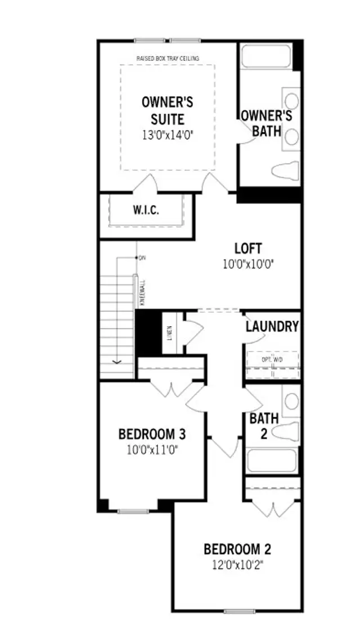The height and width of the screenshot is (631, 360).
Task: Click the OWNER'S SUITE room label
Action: tap(167, 110)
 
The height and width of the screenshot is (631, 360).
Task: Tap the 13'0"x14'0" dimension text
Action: tap(167, 135)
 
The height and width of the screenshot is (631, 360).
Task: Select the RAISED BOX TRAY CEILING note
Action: tap(168, 58)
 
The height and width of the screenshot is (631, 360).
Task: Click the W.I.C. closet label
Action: tap(146, 211)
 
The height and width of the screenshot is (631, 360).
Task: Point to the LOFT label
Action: tap(248, 248)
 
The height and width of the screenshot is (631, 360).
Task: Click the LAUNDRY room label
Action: tap(272, 327)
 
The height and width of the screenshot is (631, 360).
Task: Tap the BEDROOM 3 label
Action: tap(152, 434)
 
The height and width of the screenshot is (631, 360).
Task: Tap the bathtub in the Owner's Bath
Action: tap(265, 57)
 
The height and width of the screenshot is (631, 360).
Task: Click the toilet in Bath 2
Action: tap(285, 430)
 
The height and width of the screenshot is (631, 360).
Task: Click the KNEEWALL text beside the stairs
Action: tap(142, 292)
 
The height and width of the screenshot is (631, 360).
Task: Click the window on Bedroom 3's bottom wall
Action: tap(133, 511)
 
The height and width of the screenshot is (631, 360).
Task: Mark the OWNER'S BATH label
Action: tap(266, 123)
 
